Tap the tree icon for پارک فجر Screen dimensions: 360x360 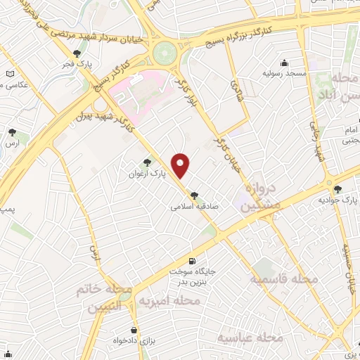[77, 53]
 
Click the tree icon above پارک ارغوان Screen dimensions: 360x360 [147, 162]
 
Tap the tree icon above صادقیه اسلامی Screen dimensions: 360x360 [194, 196]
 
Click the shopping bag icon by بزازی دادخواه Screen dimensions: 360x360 [133, 330]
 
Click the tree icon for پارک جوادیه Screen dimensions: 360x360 [338, 188]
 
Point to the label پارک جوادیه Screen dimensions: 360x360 [334, 199]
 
